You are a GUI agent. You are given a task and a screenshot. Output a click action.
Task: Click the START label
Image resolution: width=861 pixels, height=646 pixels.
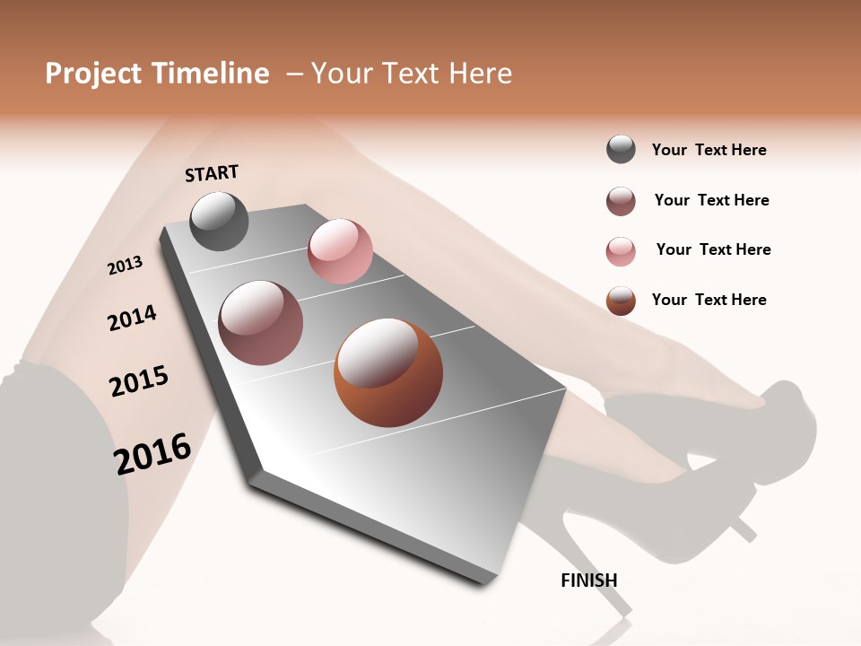[212, 173]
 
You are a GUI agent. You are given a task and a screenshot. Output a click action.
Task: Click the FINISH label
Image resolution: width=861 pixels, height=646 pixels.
[588, 581]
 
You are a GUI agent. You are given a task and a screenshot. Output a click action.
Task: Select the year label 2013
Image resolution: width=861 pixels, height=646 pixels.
[125, 266]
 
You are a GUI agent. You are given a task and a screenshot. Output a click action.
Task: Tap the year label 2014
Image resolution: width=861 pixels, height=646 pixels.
[132, 318]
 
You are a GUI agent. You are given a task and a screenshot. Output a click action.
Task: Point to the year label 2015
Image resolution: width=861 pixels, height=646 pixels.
[139, 381]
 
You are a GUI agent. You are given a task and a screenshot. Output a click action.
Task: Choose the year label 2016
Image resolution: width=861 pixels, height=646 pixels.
[152, 453]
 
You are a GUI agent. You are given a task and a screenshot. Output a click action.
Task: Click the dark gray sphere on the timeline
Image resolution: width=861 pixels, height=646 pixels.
[220, 221]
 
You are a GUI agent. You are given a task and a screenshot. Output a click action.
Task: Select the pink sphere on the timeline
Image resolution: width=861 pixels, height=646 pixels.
[340, 251]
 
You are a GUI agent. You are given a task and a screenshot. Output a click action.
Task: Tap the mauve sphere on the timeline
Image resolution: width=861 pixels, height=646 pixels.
[261, 323]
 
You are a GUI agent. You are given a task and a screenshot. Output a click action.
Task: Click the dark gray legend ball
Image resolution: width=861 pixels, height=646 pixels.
[621, 149]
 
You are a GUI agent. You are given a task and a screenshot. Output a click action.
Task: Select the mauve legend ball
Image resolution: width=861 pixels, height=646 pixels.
[621, 201]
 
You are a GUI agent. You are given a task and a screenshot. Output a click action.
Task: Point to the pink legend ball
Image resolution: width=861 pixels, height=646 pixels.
[621, 251]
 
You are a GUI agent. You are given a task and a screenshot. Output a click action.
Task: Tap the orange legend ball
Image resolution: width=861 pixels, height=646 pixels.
[621, 301]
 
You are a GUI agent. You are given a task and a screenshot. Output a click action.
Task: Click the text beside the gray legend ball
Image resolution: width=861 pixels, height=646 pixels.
[709, 150]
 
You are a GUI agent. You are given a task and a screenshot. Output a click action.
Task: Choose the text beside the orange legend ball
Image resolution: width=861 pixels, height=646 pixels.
[709, 300]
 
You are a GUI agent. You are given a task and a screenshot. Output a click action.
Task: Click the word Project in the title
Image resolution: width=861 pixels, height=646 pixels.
[93, 74]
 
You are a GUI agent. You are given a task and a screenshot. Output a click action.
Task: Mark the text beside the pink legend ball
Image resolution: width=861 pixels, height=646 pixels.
[713, 249]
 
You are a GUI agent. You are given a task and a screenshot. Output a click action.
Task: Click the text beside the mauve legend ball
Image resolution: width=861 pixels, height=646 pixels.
[711, 200]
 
